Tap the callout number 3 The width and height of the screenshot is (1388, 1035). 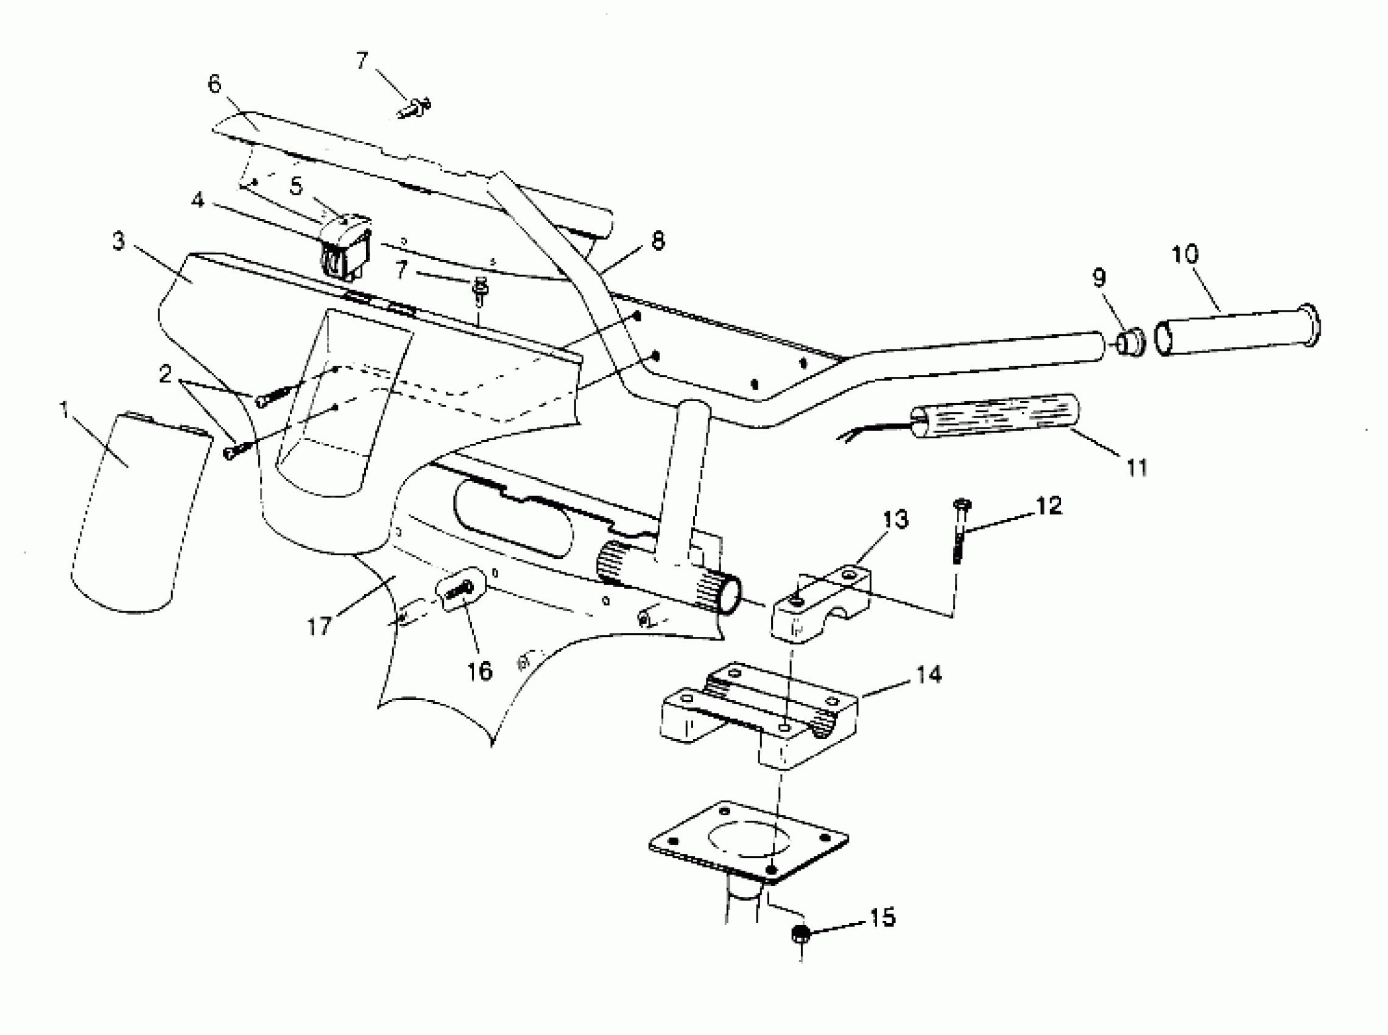pyautogui.click(x=118, y=240)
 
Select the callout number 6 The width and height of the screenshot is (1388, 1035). pyautogui.click(x=214, y=83)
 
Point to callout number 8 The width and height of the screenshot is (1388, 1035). pyautogui.click(x=657, y=240)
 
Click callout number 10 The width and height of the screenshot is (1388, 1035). pyautogui.click(x=1185, y=254)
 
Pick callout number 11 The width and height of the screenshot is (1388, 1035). pyautogui.click(x=1136, y=468)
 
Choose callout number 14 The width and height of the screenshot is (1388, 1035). pyautogui.click(x=929, y=675)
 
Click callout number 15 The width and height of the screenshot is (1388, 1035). pyautogui.click(x=882, y=918)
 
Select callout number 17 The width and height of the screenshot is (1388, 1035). pyautogui.click(x=319, y=626)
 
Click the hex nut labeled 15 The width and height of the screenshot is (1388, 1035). pyautogui.click(x=800, y=935)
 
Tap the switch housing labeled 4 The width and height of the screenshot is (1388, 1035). pyautogui.click(x=346, y=249)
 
